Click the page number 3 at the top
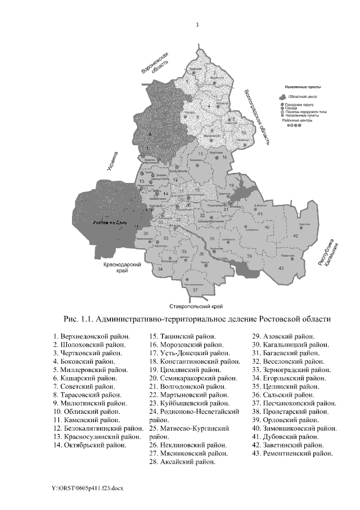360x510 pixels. point(197,25)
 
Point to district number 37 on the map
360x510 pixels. point(195,289)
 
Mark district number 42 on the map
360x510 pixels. point(296,235)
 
